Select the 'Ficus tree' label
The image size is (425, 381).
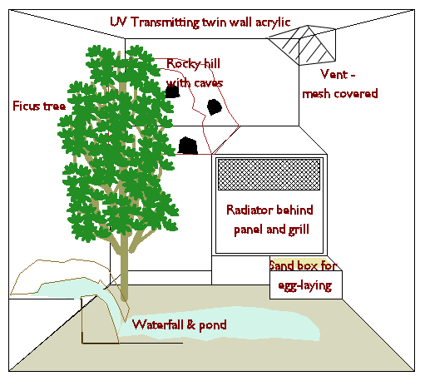[39, 106]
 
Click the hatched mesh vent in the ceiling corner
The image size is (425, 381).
[302, 45]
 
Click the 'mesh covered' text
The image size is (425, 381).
[340, 94]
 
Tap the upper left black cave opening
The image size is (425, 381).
[172, 92]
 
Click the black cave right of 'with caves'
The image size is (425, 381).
[215, 107]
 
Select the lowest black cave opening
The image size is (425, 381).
[188, 146]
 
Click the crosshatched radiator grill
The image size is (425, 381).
[269, 175]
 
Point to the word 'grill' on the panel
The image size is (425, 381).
[299, 230]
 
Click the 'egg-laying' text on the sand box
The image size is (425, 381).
[305, 285]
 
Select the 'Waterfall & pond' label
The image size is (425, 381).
[180, 324]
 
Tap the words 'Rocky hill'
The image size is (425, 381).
[193, 64]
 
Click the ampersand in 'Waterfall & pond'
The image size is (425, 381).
[190, 324]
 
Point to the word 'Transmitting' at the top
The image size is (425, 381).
[165, 22]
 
